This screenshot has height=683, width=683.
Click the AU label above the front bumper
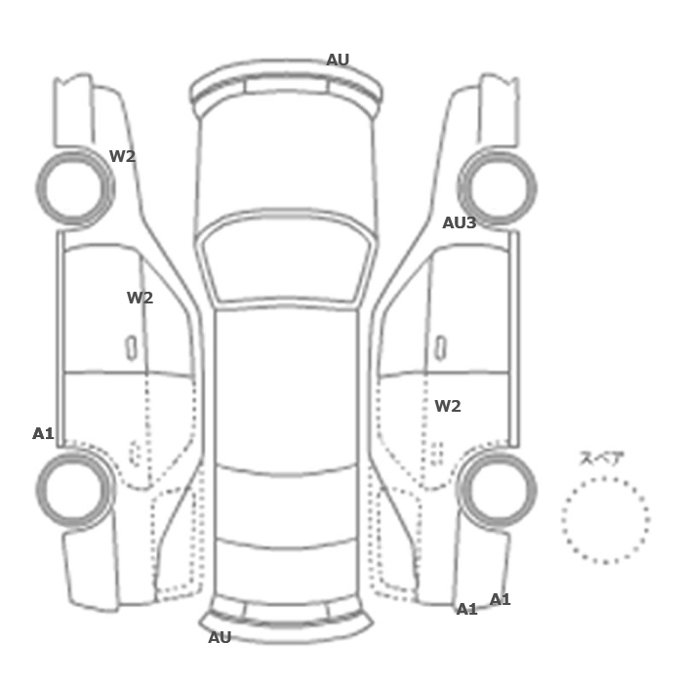pos(338,60)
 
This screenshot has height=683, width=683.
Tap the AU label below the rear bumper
pos(220,638)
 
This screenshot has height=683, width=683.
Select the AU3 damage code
pos(460,223)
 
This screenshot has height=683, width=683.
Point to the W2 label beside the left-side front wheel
pos(122,156)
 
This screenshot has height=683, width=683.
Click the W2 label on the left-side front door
pos(140,298)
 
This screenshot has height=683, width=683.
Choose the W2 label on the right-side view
pos(448,407)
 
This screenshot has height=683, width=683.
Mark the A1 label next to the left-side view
pos(43,434)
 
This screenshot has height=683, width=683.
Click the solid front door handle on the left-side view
pos(131,348)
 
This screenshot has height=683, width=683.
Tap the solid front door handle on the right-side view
pos(441,348)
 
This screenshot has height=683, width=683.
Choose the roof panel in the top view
pos(286,387)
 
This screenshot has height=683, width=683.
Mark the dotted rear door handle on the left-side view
pos(135,453)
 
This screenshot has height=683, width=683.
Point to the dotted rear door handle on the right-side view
pos(437,453)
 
